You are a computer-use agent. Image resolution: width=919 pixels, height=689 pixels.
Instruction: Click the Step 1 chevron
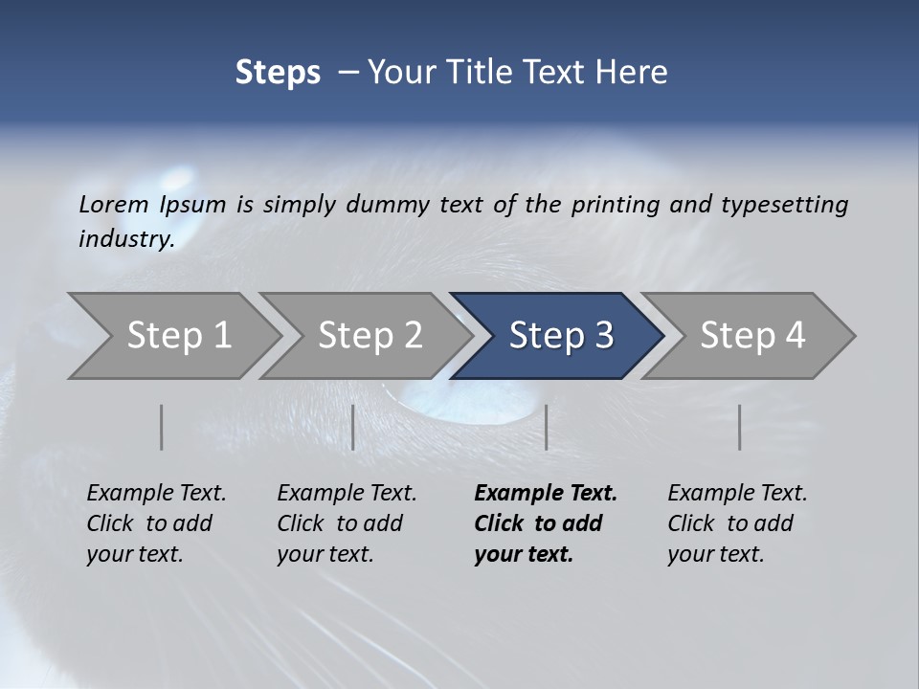[x=178, y=336]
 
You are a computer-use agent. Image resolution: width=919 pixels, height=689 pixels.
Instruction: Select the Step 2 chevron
[x=370, y=336]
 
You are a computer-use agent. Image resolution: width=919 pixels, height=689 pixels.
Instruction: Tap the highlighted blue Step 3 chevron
[x=560, y=336]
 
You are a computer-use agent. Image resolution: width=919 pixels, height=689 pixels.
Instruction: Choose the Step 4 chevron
[x=751, y=336]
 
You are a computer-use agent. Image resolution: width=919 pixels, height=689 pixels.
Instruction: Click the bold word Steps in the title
[x=278, y=73]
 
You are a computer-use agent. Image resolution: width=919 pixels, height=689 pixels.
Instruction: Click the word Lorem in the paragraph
[x=114, y=204]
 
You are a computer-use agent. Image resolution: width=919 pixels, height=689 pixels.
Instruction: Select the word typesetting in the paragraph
[x=785, y=204]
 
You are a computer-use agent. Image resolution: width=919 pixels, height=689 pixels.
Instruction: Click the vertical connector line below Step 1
[x=162, y=427]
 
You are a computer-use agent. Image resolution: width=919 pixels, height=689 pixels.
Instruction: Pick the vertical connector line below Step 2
[x=353, y=427]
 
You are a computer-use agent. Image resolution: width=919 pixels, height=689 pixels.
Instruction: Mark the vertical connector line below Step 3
[x=546, y=427]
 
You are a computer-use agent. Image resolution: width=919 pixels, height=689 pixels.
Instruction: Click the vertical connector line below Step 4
[x=740, y=427]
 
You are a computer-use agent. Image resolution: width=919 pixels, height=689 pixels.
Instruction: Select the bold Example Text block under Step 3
[x=546, y=523]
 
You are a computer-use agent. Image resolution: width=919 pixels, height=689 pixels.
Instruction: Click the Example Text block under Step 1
[x=156, y=523]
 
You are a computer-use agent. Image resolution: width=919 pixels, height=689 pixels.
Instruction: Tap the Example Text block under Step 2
[x=347, y=523]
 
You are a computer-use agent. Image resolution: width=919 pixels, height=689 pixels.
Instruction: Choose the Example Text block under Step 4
[x=737, y=523]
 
